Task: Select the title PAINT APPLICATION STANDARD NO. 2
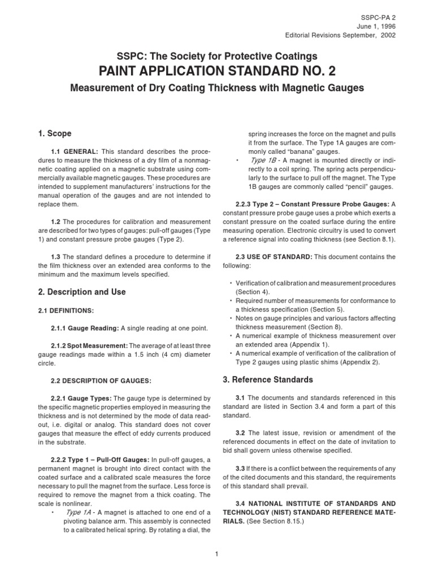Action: click(x=216, y=72)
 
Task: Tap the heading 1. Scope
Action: click(x=54, y=133)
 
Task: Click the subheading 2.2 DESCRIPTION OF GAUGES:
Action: click(x=101, y=381)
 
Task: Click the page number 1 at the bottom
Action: click(x=216, y=553)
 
